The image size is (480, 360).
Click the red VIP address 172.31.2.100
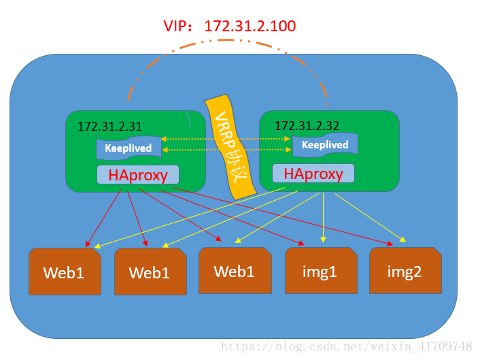pyautogui.click(x=250, y=27)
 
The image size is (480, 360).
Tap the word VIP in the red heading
pyautogui.click(x=176, y=27)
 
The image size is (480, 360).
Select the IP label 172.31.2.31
pyautogui.click(x=109, y=126)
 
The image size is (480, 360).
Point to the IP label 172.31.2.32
pyautogui.click(x=307, y=125)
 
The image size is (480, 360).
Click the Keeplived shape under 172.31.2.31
pyautogui.click(x=128, y=148)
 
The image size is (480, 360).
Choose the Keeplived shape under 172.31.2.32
pyautogui.click(x=324, y=144)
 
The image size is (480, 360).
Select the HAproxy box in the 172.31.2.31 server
pyautogui.click(x=138, y=175)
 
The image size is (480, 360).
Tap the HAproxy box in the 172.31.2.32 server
pyautogui.click(x=313, y=174)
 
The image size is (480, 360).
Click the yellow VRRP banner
pyautogui.click(x=228, y=146)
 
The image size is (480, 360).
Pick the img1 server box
pyautogui.click(x=320, y=272)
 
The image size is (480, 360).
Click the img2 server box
pyautogui.click(x=405, y=272)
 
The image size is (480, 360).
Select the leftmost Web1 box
pyautogui.click(x=64, y=273)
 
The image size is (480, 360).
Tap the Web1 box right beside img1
pyautogui.click(x=235, y=271)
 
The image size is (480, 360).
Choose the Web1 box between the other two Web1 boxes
pyautogui.click(x=150, y=273)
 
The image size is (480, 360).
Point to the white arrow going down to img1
pyautogui.click(x=323, y=218)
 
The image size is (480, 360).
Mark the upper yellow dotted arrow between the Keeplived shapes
pyautogui.click(x=226, y=139)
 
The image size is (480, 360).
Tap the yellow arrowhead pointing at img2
pyautogui.click(x=403, y=240)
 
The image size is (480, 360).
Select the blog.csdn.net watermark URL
pyautogui.click(x=347, y=347)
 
